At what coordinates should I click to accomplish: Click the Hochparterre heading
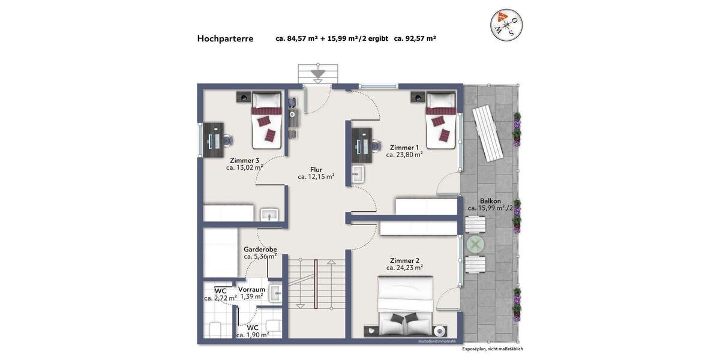click(225, 38)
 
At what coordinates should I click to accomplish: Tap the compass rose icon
click(506, 25)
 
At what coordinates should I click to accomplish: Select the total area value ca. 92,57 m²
click(415, 38)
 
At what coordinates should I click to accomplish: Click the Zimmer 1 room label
click(404, 148)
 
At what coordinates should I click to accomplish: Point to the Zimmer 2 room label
click(404, 260)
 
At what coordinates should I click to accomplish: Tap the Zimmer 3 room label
click(244, 160)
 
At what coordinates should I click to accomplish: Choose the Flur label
click(316, 170)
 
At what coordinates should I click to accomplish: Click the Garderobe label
click(260, 250)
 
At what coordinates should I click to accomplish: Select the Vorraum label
click(251, 289)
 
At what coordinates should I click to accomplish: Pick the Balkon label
click(490, 201)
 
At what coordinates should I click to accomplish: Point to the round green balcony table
click(475, 244)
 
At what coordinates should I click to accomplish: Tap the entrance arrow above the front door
click(317, 74)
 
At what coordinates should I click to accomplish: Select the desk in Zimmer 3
click(213, 140)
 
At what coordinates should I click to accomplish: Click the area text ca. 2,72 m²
click(220, 298)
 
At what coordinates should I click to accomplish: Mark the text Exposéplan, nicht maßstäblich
click(492, 349)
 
